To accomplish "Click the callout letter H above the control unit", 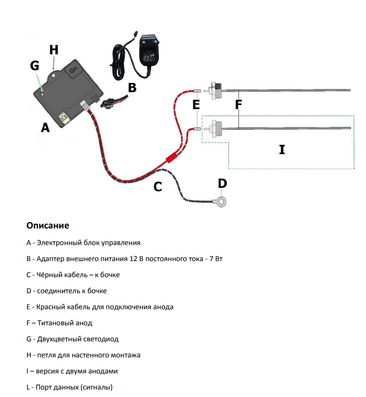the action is (54, 50).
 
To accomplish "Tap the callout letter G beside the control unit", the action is (35, 66).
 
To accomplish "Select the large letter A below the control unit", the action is (45, 127).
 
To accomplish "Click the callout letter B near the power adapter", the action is (132, 88).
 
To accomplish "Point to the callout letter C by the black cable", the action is (157, 187).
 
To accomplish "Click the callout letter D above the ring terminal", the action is (223, 184).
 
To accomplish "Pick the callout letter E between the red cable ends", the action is (196, 104).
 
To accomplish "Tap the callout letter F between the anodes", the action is (239, 104).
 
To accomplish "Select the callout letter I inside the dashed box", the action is (282, 149).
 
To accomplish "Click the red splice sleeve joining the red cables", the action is (171, 158).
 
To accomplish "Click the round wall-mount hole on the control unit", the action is (54, 75).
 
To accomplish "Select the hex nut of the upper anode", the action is (214, 90).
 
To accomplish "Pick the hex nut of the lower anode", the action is (215, 128).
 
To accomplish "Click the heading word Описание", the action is (48, 225).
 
